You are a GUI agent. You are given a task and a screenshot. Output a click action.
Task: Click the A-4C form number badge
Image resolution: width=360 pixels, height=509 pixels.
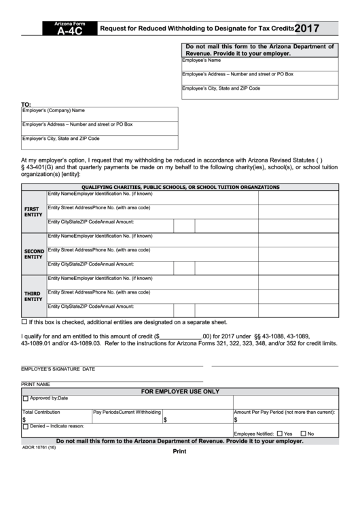(x=66, y=30)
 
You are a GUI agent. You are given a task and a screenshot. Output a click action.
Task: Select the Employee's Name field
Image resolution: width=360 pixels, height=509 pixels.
(x=259, y=65)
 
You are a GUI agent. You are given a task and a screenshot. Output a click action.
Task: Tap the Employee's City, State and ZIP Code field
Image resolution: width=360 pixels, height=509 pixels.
(x=259, y=93)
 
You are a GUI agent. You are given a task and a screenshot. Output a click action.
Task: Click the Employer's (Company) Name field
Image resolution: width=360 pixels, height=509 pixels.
(x=99, y=114)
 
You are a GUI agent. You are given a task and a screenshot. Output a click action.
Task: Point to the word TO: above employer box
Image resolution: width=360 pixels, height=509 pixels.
(x=27, y=105)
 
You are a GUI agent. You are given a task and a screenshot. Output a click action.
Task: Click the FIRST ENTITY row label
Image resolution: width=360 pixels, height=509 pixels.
(x=33, y=211)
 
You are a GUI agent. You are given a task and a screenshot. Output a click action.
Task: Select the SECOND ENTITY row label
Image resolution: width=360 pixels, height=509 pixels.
(x=34, y=254)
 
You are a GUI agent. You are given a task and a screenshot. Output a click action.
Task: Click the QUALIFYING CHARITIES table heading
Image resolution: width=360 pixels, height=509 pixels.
(x=180, y=187)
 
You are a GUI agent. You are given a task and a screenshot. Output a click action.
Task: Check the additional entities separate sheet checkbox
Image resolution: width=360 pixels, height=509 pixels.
(x=24, y=321)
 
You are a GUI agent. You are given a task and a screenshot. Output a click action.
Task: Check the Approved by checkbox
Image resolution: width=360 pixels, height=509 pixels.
(x=26, y=399)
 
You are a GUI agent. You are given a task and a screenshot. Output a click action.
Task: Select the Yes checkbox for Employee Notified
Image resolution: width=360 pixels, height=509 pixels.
(x=279, y=434)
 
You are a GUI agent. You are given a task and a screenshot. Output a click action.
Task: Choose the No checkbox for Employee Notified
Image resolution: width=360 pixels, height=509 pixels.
(x=303, y=434)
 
